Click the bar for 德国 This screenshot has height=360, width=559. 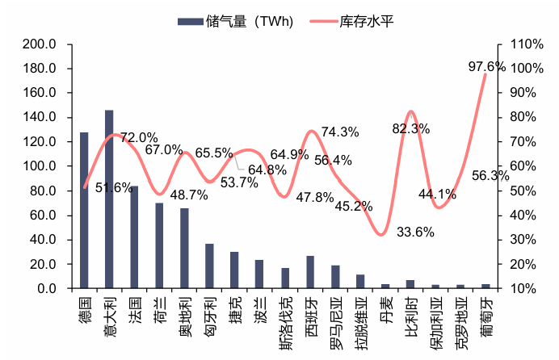point(84,210)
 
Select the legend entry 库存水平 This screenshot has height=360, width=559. point(361,22)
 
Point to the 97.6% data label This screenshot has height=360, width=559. point(486,66)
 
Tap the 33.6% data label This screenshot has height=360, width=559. point(416,232)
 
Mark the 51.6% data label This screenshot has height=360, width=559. point(114,187)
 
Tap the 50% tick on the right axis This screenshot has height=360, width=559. point(519,190)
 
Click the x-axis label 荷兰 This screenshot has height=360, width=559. point(159,308)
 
